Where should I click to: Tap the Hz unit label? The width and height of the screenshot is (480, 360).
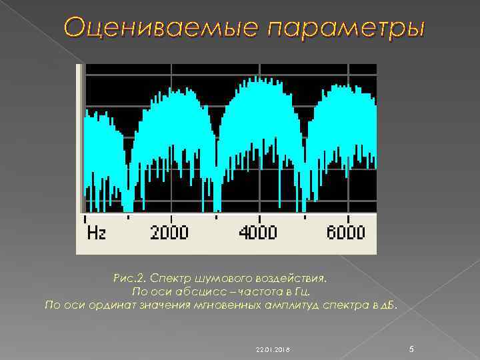click(97, 233)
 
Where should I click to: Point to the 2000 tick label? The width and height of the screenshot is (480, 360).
click(169, 233)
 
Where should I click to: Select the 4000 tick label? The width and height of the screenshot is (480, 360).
click(258, 233)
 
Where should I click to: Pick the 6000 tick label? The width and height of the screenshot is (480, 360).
click(346, 233)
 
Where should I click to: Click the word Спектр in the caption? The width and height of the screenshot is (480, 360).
click(172, 277)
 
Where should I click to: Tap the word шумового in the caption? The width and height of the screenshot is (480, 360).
click(223, 277)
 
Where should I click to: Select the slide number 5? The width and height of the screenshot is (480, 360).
click(411, 349)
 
